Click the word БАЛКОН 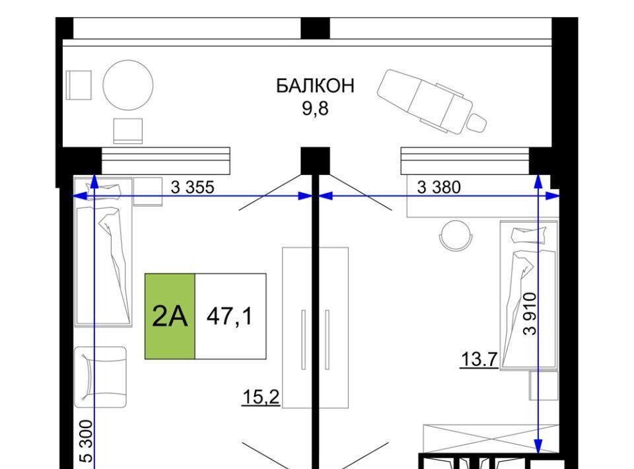click(x=315, y=86)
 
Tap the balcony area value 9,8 click(x=316, y=108)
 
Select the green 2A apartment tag click(x=170, y=316)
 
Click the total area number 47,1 click(x=229, y=316)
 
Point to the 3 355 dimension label click(x=192, y=187)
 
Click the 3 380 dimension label click(x=439, y=187)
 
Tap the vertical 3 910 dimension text click(x=530, y=314)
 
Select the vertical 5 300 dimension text click(x=87, y=441)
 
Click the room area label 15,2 click(x=261, y=397)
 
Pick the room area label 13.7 click(x=479, y=359)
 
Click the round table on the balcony click(x=127, y=85)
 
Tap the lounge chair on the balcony click(x=432, y=102)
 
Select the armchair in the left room click(x=100, y=377)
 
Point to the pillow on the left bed click(x=104, y=192)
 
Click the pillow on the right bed click(x=529, y=235)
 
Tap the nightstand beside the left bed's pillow click(x=147, y=192)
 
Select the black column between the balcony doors click(x=315, y=161)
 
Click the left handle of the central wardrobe click(x=303, y=340)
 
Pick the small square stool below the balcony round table click(x=127, y=131)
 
